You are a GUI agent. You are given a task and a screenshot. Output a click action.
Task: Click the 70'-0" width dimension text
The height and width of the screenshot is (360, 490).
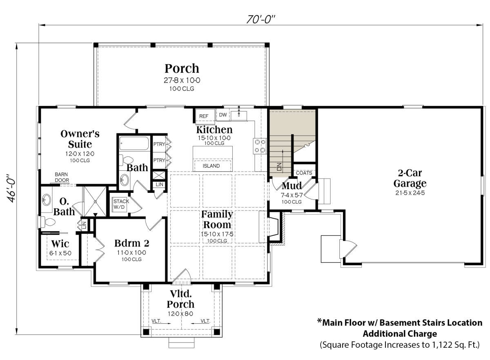[261, 19]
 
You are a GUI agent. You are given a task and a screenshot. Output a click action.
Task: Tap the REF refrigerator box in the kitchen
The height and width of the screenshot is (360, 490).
[205, 116]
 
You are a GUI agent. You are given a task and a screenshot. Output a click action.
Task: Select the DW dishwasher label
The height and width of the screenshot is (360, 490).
[223, 115]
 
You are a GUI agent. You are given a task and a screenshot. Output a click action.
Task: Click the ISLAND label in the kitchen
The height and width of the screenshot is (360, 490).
[211, 165]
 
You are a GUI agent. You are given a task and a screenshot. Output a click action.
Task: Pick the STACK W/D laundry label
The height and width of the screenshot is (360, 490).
[121, 204]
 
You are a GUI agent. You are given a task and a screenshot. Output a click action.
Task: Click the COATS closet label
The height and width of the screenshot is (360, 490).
[304, 173]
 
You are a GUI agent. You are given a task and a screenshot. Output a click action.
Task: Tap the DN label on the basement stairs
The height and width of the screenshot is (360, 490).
[280, 167]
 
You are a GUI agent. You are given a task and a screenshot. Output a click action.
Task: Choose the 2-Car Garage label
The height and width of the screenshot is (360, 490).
[410, 178]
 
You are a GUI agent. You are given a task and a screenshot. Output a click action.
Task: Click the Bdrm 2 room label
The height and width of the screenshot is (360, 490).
[131, 243]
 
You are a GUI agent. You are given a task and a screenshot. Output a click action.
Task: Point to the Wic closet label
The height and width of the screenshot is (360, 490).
[60, 244]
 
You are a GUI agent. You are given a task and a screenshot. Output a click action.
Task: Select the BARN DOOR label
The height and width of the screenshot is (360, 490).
[62, 177]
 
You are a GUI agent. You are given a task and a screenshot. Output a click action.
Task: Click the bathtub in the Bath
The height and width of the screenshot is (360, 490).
[134, 143]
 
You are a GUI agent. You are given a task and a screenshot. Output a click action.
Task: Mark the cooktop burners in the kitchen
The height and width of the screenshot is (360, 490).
[260, 146]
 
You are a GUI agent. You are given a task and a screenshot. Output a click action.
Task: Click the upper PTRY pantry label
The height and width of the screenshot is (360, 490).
[159, 144]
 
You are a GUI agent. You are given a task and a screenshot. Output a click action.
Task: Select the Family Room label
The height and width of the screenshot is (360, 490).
[217, 219]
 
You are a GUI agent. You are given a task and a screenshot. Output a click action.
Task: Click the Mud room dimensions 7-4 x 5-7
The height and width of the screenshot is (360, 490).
[292, 195]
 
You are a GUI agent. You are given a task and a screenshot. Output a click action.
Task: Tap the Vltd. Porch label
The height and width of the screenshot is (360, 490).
[180, 299]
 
